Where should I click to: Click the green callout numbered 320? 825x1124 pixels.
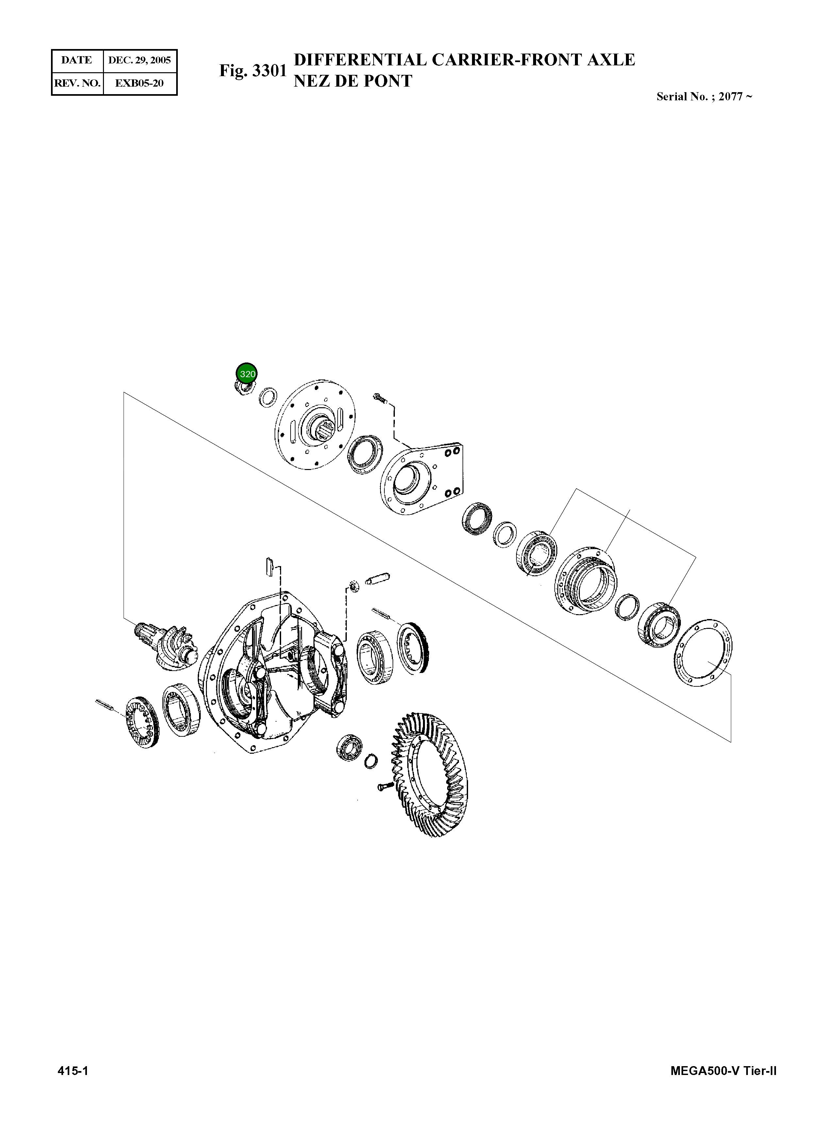point(247,374)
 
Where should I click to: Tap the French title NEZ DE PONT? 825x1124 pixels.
point(353,81)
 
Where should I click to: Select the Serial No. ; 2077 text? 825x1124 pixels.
point(704,97)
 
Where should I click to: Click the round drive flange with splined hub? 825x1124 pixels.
point(315,424)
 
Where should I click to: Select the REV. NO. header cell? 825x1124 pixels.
point(77,83)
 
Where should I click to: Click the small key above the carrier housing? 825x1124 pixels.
point(270,568)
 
